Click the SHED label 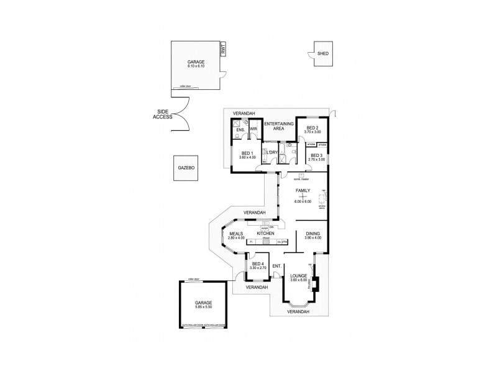click(322, 54)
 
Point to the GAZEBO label click(186, 168)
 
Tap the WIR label click(253, 129)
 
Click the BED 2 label click(312, 126)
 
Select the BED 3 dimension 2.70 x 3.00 click(316, 159)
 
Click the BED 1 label click(247, 153)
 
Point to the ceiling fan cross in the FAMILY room click(304, 196)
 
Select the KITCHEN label click(257, 233)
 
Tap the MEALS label click(236, 234)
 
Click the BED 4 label click(257, 265)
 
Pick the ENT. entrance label click(278, 267)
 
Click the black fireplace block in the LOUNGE click(315, 284)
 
